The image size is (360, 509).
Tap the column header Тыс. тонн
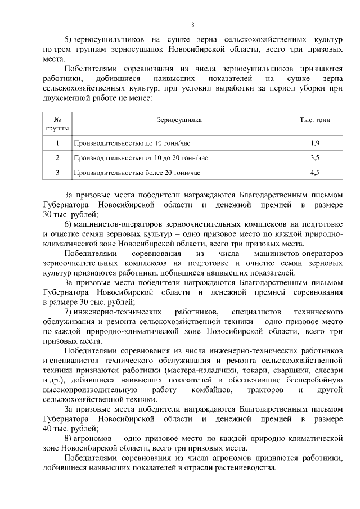(315, 120)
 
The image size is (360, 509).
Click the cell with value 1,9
(315, 143)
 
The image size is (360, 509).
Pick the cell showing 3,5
(315, 158)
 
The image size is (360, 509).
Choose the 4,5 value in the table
(315, 173)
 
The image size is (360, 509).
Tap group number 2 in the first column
(57, 158)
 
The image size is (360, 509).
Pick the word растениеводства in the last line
(242, 468)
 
